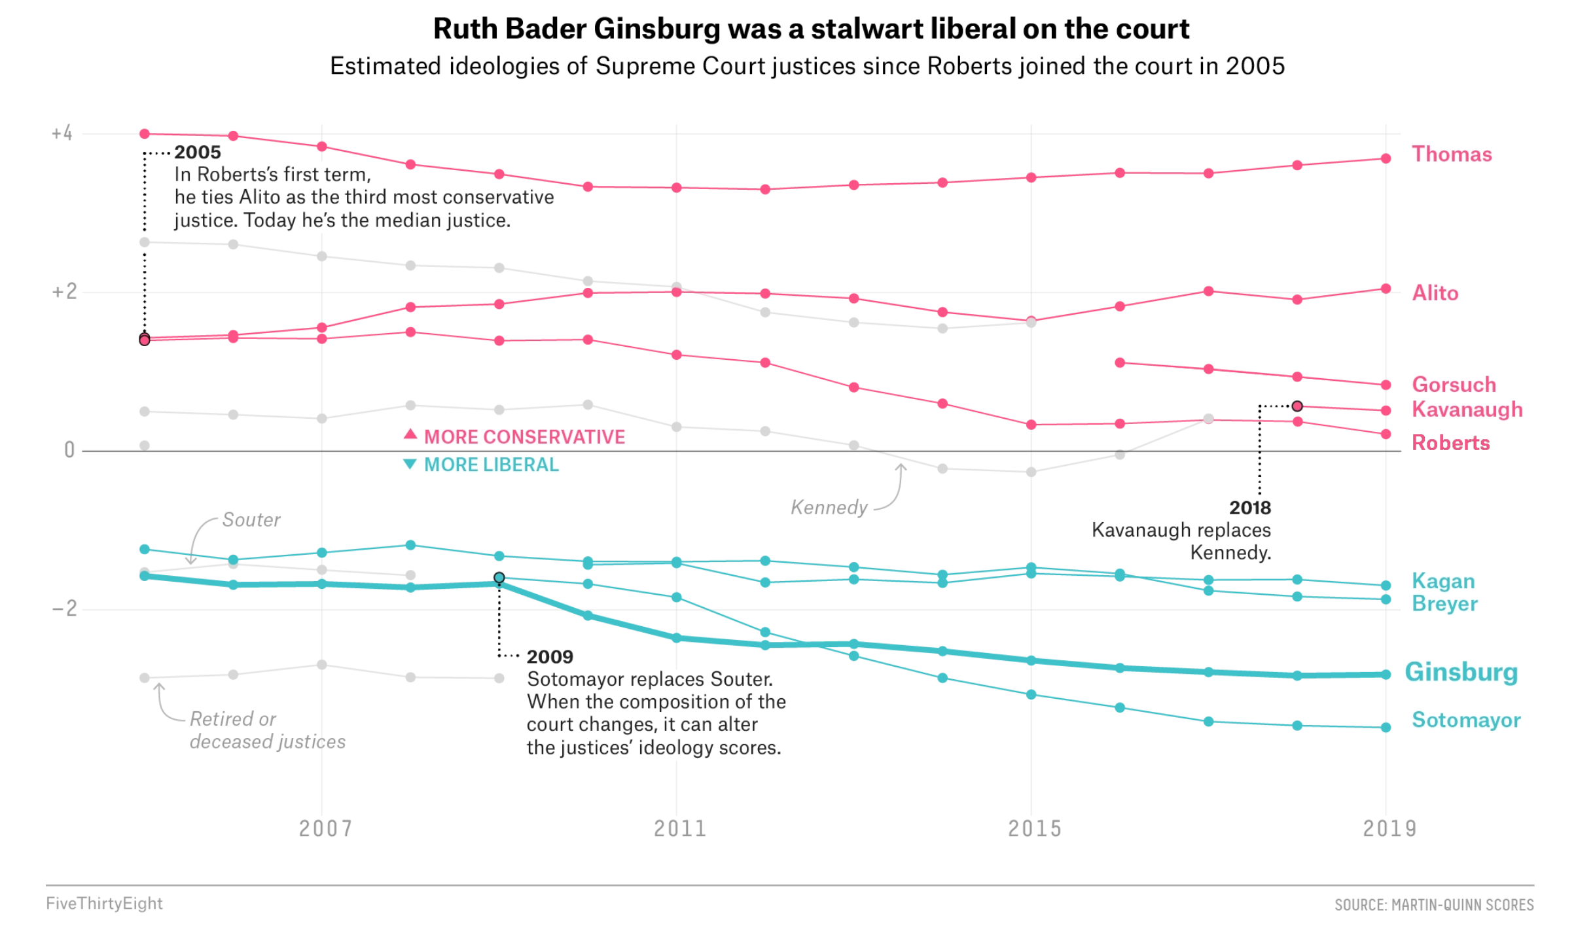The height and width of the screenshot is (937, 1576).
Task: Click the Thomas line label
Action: tap(1451, 154)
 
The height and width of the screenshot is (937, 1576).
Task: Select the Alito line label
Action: tap(1435, 293)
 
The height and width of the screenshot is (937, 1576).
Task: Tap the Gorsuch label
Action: tap(1454, 385)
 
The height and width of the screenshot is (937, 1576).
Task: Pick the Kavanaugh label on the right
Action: tap(1467, 410)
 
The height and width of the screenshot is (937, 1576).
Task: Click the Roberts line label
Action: tap(1450, 443)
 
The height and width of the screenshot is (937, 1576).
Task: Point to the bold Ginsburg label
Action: tap(1461, 673)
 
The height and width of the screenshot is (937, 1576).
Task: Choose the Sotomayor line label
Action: tap(1465, 720)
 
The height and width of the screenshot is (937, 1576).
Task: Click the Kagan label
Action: tap(1442, 581)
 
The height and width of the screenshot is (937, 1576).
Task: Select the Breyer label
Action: tap(1444, 603)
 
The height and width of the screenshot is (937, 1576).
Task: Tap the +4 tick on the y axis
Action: tap(62, 133)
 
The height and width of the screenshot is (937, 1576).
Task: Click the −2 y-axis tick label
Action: tap(64, 609)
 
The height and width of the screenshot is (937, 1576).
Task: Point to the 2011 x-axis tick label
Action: tap(680, 829)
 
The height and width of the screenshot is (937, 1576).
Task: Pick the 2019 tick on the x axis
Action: tap(1389, 829)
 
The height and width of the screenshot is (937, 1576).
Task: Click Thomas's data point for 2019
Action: tap(1386, 158)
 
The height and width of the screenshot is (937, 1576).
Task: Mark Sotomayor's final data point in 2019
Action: tap(1386, 728)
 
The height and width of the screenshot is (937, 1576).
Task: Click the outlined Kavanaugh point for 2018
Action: tap(1297, 406)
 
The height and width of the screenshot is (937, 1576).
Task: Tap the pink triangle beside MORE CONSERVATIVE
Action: tap(410, 434)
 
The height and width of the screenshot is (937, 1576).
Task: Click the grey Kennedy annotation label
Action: tap(829, 508)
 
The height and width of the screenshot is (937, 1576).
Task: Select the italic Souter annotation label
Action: tap(251, 520)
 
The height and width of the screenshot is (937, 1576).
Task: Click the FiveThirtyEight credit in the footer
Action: tap(104, 904)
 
